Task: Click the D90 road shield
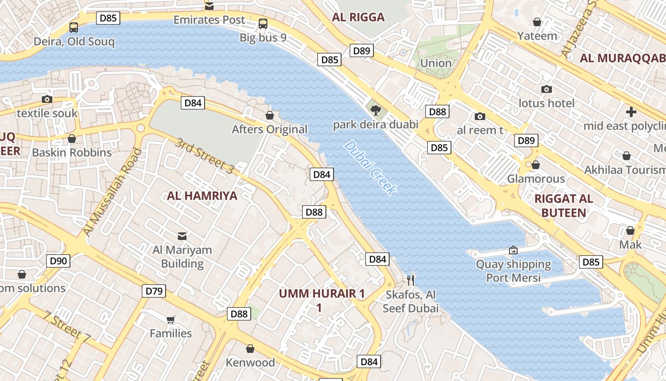[59, 261]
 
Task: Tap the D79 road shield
[154, 291]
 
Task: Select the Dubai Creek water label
[371, 168]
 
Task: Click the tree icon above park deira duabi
[376, 111]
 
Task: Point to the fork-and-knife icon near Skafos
[411, 280]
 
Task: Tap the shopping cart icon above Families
[171, 320]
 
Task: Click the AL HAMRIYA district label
[202, 195]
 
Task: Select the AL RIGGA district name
[358, 18]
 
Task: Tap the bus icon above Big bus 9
[263, 23]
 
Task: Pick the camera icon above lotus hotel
[546, 89]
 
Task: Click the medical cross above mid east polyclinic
[631, 112]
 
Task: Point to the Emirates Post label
[209, 20]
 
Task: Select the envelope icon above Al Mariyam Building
[182, 236]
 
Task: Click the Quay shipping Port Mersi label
[514, 271]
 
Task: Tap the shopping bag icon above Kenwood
[250, 349]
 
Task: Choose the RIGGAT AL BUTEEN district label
[564, 206]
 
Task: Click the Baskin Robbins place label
[72, 152]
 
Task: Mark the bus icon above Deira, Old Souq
[74, 27]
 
